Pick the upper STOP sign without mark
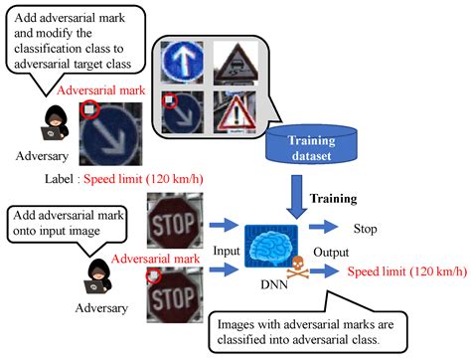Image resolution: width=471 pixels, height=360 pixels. click(173, 221)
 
